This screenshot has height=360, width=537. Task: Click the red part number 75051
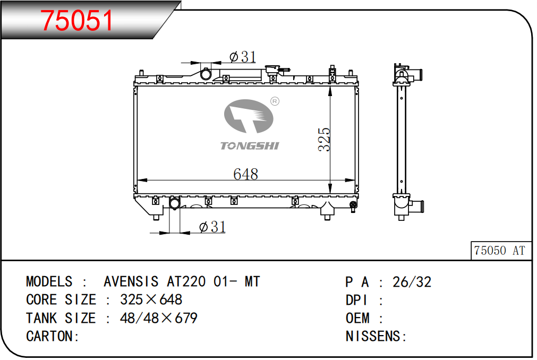coord(76,21)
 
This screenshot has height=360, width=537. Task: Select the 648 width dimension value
coord(245,174)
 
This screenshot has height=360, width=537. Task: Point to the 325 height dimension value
coord(324,139)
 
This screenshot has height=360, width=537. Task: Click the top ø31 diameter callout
coord(243,57)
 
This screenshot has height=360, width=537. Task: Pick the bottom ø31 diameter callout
coord(212,227)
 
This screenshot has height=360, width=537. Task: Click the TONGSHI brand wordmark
coord(250,146)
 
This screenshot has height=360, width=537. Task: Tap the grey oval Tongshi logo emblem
coord(249,116)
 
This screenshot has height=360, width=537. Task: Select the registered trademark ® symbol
coord(275,101)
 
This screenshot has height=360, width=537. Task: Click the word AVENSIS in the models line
coord(131,281)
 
